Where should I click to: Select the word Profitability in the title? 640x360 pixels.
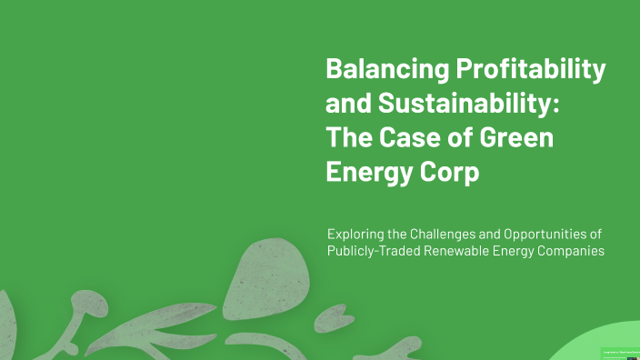[x=530, y=69]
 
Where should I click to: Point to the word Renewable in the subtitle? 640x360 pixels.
[x=465, y=251]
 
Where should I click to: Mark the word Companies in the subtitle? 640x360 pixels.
[x=571, y=251]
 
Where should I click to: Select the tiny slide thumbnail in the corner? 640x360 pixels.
[x=621, y=354]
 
